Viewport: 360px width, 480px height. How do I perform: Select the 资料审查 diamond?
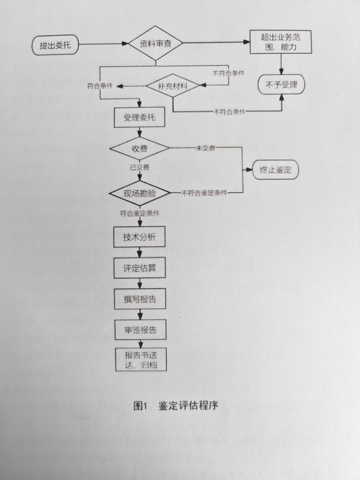pyautogui.click(x=156, y=44)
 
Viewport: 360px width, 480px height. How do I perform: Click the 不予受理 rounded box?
pyautogui.click(x=281, y=85)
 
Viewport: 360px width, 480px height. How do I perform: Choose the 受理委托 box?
pyautogui.click(x=139, y=117)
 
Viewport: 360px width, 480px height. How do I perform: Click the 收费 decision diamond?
pyautogui.click(x=140, y=148)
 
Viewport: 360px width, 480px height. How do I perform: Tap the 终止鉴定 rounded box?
pyautogui.click(x=275, y=170)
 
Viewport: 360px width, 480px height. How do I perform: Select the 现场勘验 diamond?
pyautogui.click(x=140, y=193)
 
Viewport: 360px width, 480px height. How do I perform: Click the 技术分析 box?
pyautogui.click(x=139, y=237)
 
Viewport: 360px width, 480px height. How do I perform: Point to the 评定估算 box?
pyautogui.click(x=140, y=268)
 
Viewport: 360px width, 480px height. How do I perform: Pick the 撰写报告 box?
pyautogui.click(x=140, y=299)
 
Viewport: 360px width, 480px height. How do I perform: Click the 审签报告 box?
pyautogui.click(x=140, y=330)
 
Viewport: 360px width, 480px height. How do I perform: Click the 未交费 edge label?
pyautogui.click(x=205, y=148)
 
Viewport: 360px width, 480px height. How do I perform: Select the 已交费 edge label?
pyautogui.click(x=140, y=168)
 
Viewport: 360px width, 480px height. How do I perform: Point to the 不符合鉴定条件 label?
pyautogui.click(x=204, y=193)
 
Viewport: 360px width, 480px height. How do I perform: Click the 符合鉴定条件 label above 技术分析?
pyautogui.click(x=140, y=214)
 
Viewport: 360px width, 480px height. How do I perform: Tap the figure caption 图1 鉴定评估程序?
pyautogui.click(x=176, y=406)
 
